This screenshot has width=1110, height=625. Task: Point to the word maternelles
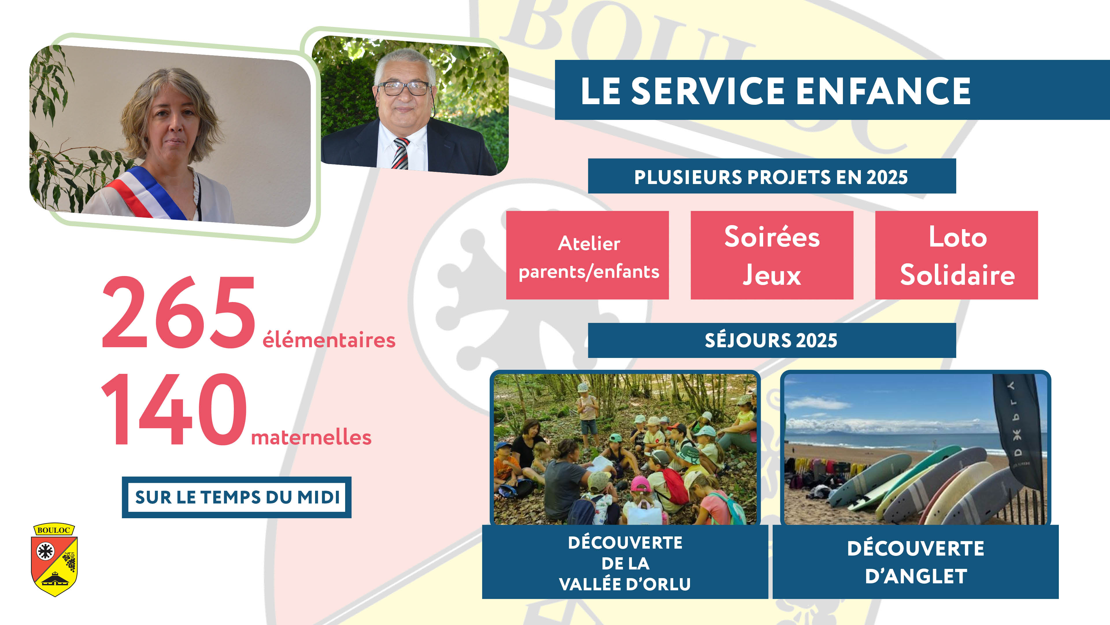(311, 437)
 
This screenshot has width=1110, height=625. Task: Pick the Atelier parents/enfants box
(587, 255)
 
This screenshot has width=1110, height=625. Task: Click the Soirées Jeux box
(772, 255)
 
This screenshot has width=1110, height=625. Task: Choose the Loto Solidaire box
(957, 255)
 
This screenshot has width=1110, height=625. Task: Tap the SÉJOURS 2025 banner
(772, 340)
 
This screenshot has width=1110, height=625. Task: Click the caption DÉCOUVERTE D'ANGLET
(916, 562)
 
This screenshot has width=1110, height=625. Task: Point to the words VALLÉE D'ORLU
(625, 584)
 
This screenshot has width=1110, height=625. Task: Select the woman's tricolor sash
(147, 192)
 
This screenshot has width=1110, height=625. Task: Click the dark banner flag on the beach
(1017, 431)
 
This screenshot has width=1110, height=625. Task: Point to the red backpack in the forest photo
(675, 486)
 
